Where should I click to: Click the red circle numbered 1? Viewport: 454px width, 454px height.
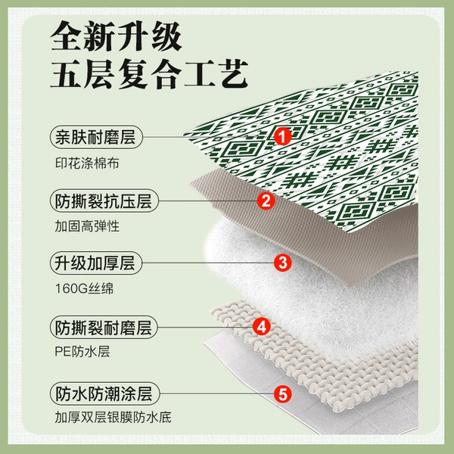click(282, 137)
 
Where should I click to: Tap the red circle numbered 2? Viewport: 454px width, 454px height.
click(266, 201)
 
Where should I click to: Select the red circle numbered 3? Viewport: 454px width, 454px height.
click(282, 263)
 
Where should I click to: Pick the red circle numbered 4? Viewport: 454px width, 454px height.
click(262, 327)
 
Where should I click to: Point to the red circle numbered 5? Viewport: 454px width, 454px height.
click(282, 393)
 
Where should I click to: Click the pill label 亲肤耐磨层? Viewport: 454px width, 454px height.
click(96, 137)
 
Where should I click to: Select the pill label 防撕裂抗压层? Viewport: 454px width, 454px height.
click(104, 201)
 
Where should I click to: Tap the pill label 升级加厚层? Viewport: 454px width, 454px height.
click(96, 263)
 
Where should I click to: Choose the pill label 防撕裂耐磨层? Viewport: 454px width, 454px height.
click(104, 327)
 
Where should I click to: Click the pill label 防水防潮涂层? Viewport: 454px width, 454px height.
click(104, 393)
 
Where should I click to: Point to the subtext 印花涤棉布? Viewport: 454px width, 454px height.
click(87, 163)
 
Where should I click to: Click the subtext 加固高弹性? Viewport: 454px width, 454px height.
click(87, 226)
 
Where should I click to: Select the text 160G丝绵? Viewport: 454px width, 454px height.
click(84, 288)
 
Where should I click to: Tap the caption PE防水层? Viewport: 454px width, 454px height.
click(82, 352)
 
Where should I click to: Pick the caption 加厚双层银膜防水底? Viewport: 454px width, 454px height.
click(113, 417)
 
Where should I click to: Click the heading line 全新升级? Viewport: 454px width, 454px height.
click(116, 36)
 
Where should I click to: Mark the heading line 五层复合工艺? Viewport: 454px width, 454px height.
click(149, 74)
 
